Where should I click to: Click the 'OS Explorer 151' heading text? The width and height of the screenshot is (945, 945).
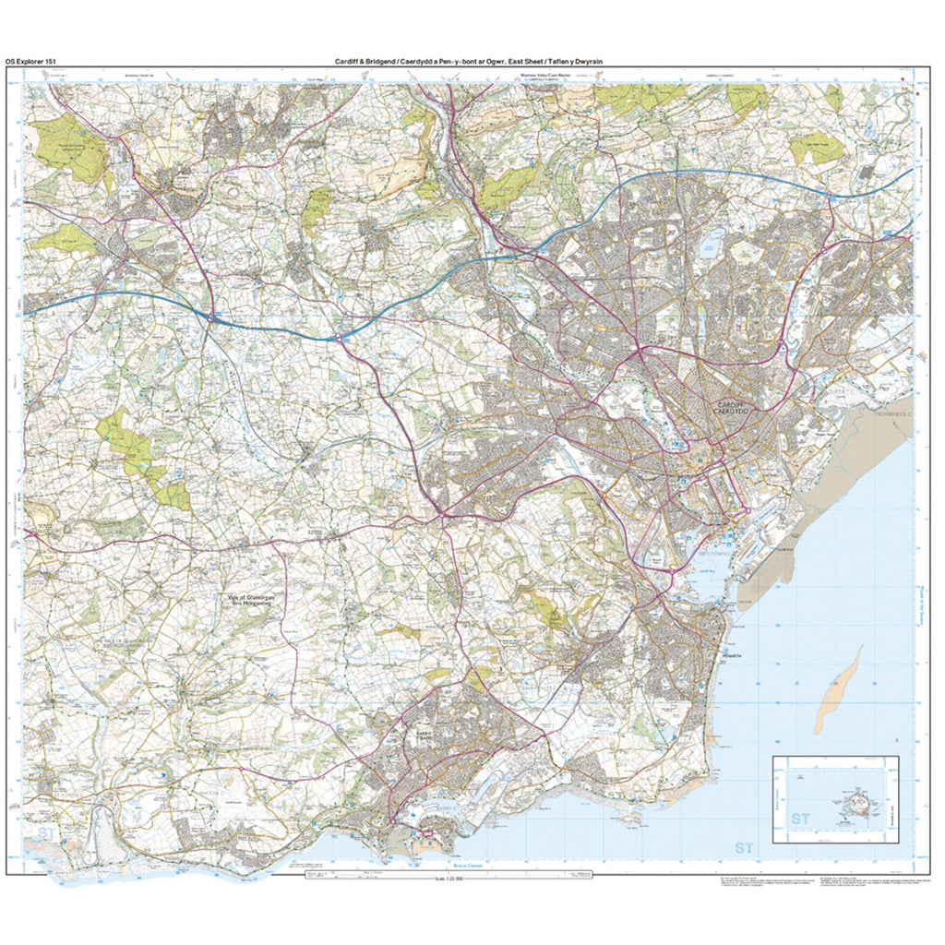pos(33,61)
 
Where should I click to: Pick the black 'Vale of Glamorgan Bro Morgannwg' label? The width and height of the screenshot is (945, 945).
pos(254,600)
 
